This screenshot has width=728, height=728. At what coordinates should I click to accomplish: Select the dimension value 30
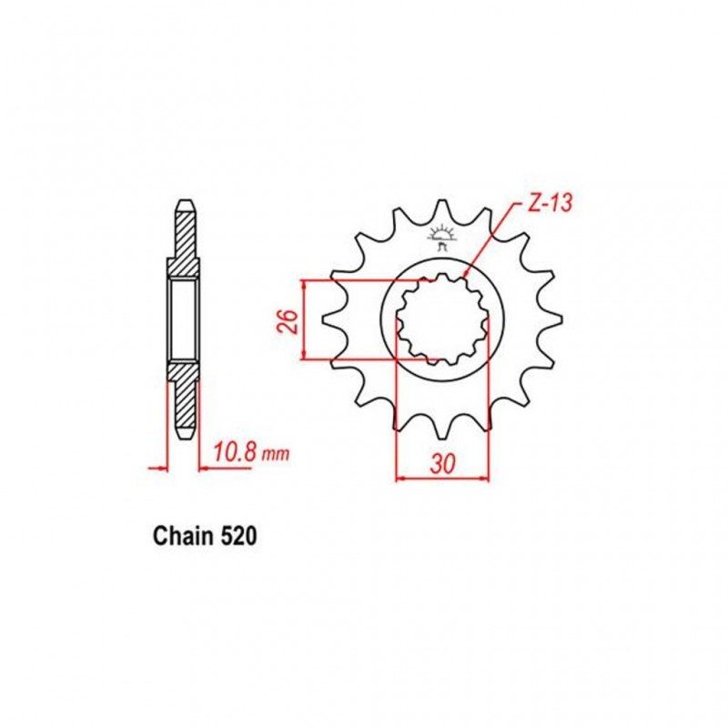tap(443, 462)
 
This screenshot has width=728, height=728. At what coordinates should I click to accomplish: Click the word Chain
tap(180, 537)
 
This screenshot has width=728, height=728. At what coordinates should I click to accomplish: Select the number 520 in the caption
tap(238, 537)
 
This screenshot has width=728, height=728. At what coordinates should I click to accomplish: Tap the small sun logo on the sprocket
tap(441, 238)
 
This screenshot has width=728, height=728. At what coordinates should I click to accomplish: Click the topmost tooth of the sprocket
tap(443, 211)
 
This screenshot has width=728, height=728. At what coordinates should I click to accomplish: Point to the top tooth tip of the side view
tap(183, 202)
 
